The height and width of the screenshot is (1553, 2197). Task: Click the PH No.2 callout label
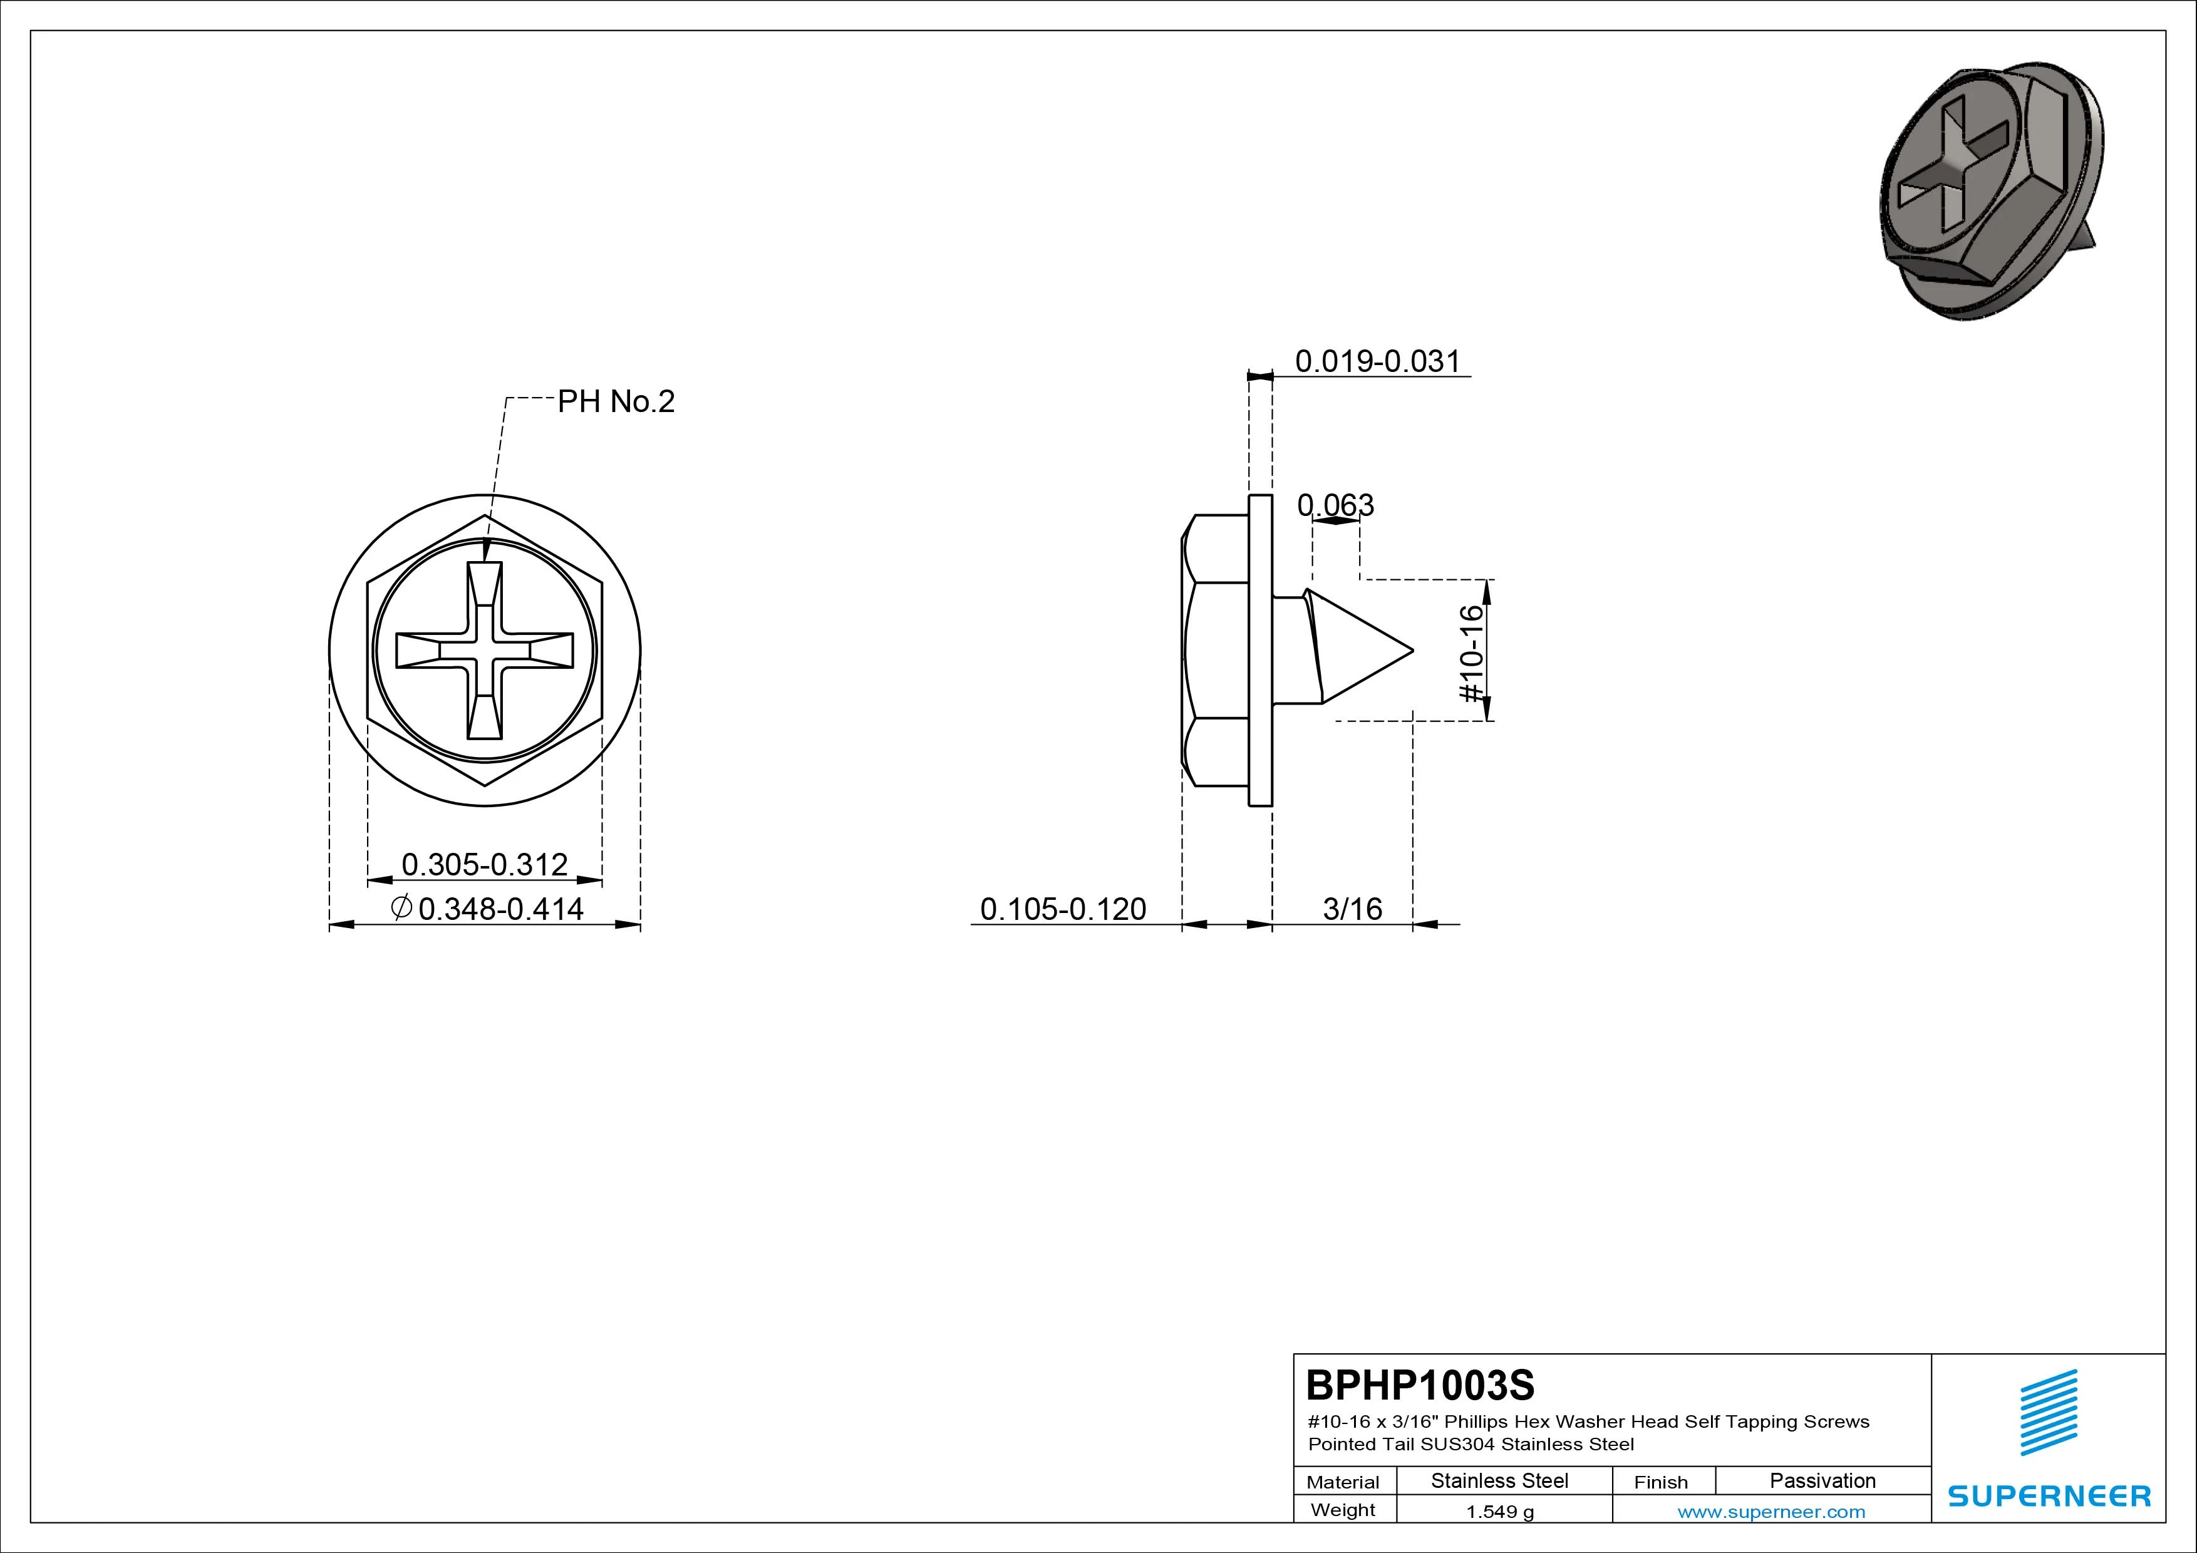click(x=616, y=402)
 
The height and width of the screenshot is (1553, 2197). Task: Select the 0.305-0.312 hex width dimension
click(x=484, y=864)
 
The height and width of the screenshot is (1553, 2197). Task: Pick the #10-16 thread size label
click(x=1472, y=653)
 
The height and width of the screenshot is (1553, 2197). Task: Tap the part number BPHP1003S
click(x=1420, y=1385)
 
